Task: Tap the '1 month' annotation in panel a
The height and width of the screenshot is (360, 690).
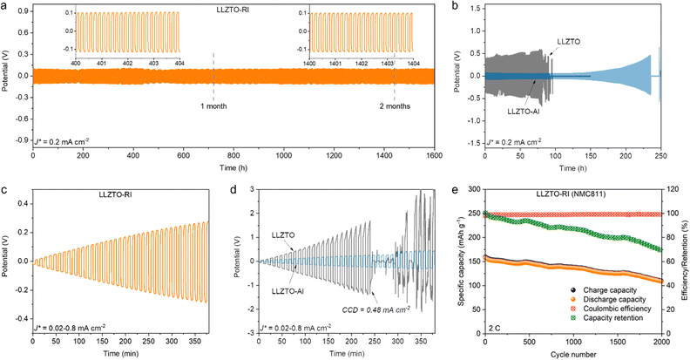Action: pos(215,106)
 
